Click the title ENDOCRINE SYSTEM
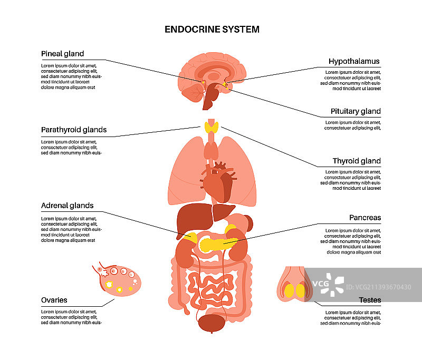(212, 30)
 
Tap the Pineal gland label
(63, 54)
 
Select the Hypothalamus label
(354, 62)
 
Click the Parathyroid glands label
(74, 130)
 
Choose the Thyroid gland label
(357, 161)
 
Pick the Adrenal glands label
(68, 206)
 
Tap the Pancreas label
(365, 217)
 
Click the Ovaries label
(54, 300)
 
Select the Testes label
(370, 300)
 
